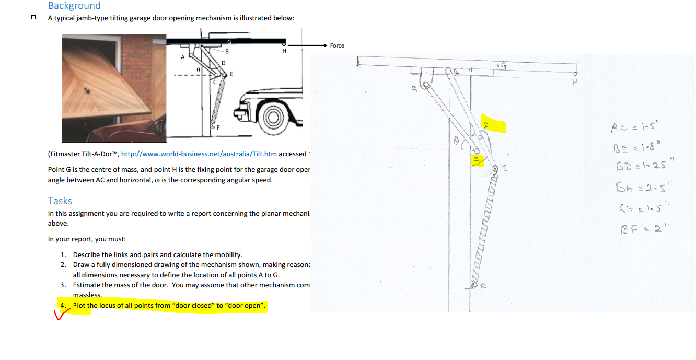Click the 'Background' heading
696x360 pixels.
[74, 6]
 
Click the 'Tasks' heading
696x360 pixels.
[60, 201]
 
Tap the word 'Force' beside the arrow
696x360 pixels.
[337, 45]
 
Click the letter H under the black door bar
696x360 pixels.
[284, 51]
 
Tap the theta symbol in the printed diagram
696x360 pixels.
[198, 69]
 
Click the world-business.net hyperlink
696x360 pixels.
[199, 154]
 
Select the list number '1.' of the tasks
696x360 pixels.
[63, 255]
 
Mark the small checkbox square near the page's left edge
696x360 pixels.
[33, 17]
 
